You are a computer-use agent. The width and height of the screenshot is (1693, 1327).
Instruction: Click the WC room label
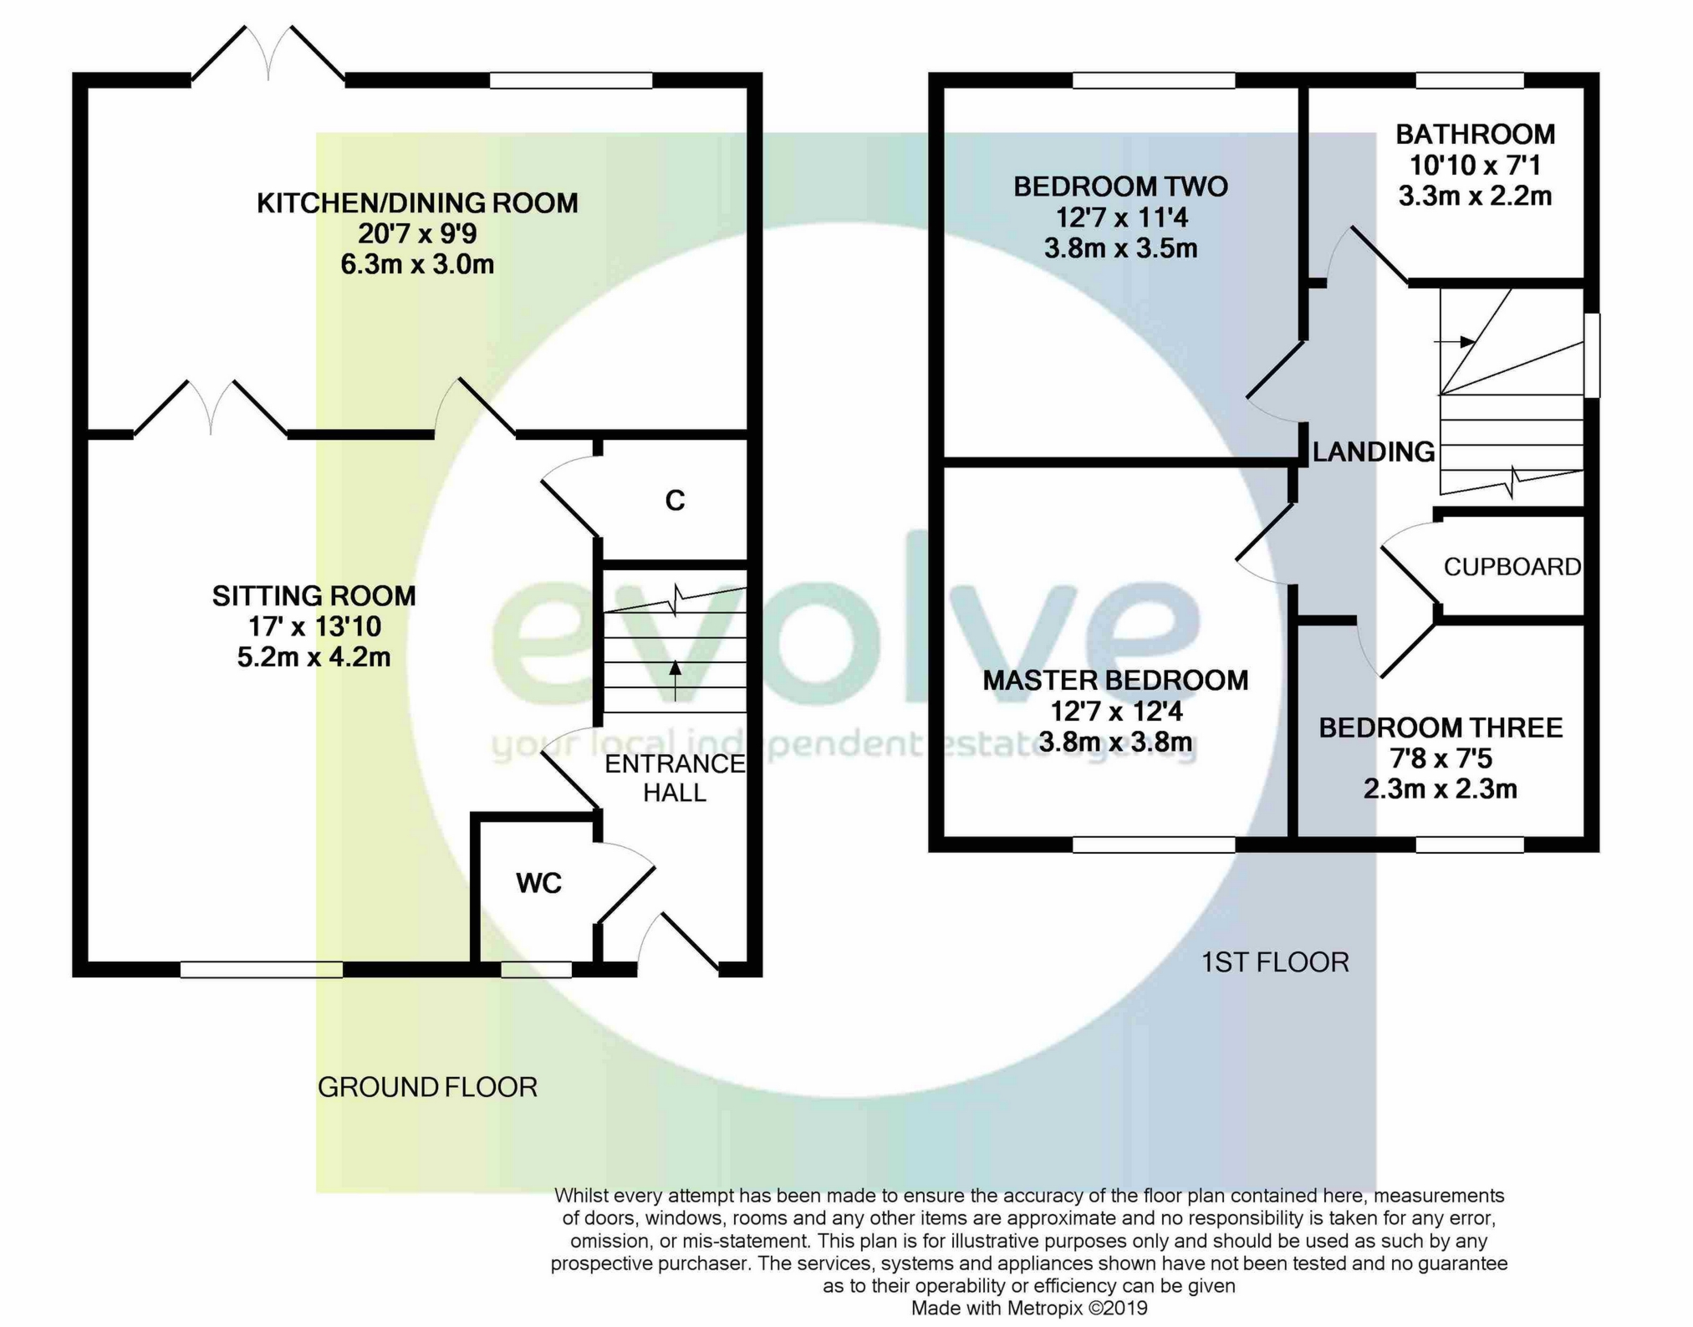[538, 883]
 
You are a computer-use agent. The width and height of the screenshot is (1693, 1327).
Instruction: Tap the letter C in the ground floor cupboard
[675, 500]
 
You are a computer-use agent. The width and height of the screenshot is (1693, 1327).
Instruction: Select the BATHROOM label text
[1475, 134]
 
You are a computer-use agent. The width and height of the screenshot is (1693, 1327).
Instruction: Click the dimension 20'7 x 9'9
[417, 233]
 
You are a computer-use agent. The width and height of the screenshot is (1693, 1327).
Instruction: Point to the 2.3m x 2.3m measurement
[1440, 789]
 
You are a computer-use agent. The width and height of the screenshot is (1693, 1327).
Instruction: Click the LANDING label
[1373, 452]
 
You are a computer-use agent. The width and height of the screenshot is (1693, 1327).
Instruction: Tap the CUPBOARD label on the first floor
[1512, 567]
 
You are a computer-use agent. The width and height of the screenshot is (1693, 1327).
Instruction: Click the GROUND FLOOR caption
[427, 1087]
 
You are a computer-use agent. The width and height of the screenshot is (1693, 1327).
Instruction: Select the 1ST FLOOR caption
[1275, 962]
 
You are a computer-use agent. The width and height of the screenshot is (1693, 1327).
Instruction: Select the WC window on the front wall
[536, 970]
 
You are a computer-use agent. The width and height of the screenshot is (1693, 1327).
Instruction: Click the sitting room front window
[262, 970]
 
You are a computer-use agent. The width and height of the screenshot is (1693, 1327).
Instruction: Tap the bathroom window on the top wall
[1469, 80]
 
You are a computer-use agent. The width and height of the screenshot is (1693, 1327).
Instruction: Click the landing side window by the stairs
[1593, 355]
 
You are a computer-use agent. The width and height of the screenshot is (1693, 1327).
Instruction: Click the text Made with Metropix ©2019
[1028, 1309]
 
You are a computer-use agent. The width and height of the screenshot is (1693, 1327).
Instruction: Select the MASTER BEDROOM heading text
[1115, 681]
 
